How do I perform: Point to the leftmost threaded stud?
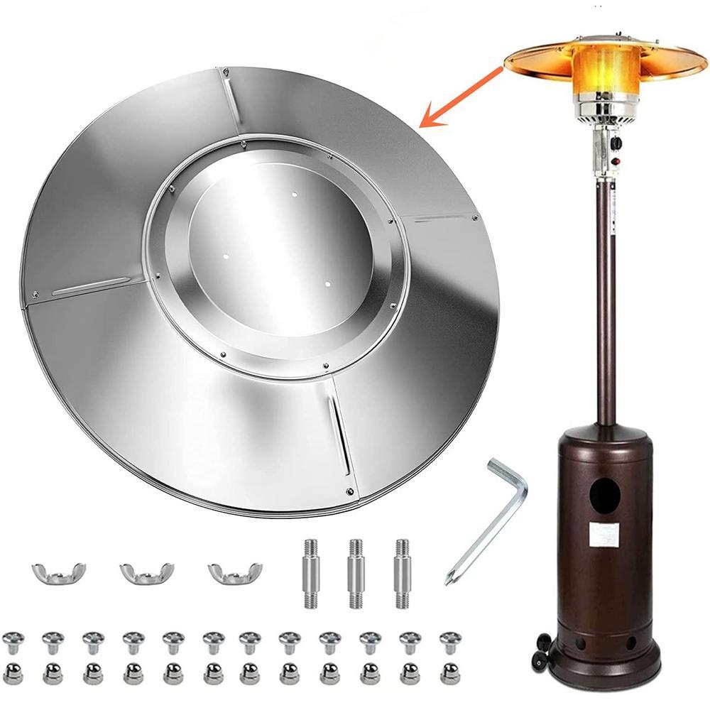310,573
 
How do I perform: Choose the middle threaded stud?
354,573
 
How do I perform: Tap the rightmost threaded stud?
402,573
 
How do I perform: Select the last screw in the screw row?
450,642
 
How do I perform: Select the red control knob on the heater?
616,161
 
